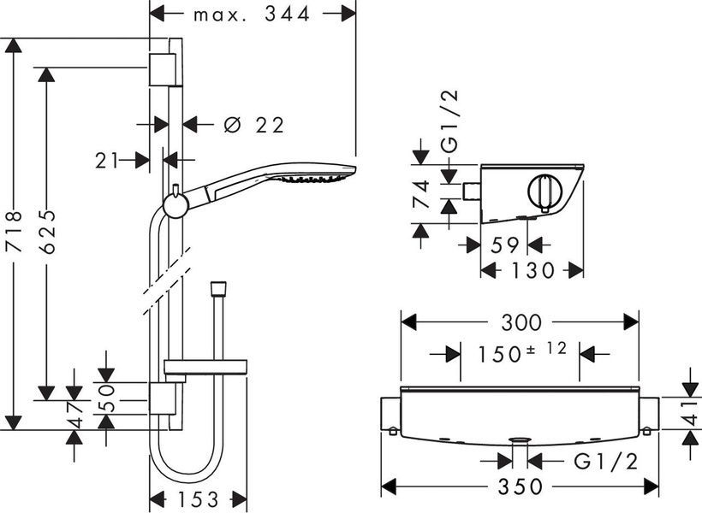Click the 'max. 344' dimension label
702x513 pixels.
click(x=251, y=15)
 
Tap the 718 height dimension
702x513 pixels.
click(x=14, y=231)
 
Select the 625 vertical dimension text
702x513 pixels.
click(x=46, y=232)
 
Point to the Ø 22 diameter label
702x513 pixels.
click(x=253, y=125)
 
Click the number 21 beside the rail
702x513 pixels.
click(x=106, y=161)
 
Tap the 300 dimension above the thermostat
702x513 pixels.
click(x=521, y=322)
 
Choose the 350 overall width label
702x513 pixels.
click(x=520, y=486)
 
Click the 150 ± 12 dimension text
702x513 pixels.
click(x=522, y=352)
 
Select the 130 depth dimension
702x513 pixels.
click(x=532, y=270)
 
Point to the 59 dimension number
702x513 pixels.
click(x=504, y=245)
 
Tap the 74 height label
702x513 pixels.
click(x=422, y=194)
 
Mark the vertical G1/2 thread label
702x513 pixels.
click(x=450, y=121)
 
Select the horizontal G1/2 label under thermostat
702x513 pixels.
click(x=606, y=461)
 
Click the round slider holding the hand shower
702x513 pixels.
click(x=176, y=206)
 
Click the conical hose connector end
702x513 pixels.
click(x=218, y=287)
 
